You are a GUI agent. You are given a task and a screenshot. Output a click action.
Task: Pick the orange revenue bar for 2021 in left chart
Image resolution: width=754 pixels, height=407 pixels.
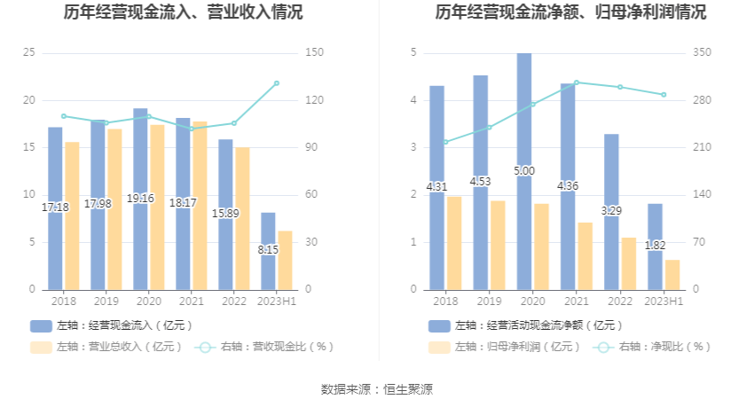(x=200, y=204)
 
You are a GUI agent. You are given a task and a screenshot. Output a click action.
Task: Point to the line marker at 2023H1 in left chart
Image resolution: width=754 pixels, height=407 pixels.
(x=277, y=83)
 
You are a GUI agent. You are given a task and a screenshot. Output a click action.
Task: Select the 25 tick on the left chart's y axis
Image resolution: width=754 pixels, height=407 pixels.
(x=28, y=53)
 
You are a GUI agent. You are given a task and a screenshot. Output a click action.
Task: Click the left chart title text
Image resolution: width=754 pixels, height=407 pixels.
(x=183, y=12)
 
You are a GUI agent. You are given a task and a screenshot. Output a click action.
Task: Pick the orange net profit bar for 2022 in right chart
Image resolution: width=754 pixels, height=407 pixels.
(x=629, y=262)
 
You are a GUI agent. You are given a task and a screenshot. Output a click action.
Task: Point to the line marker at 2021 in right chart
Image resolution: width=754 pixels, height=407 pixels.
(x=576, y=82)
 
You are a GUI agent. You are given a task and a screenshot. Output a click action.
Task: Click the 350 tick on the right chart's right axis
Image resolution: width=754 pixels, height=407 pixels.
(x=702, y=53)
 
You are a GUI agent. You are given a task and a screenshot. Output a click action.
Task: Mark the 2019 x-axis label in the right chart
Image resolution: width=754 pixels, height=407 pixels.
(x=489, y=302)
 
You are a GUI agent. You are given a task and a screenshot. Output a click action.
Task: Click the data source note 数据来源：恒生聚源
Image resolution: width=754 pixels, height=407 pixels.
(x=377, y=389)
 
